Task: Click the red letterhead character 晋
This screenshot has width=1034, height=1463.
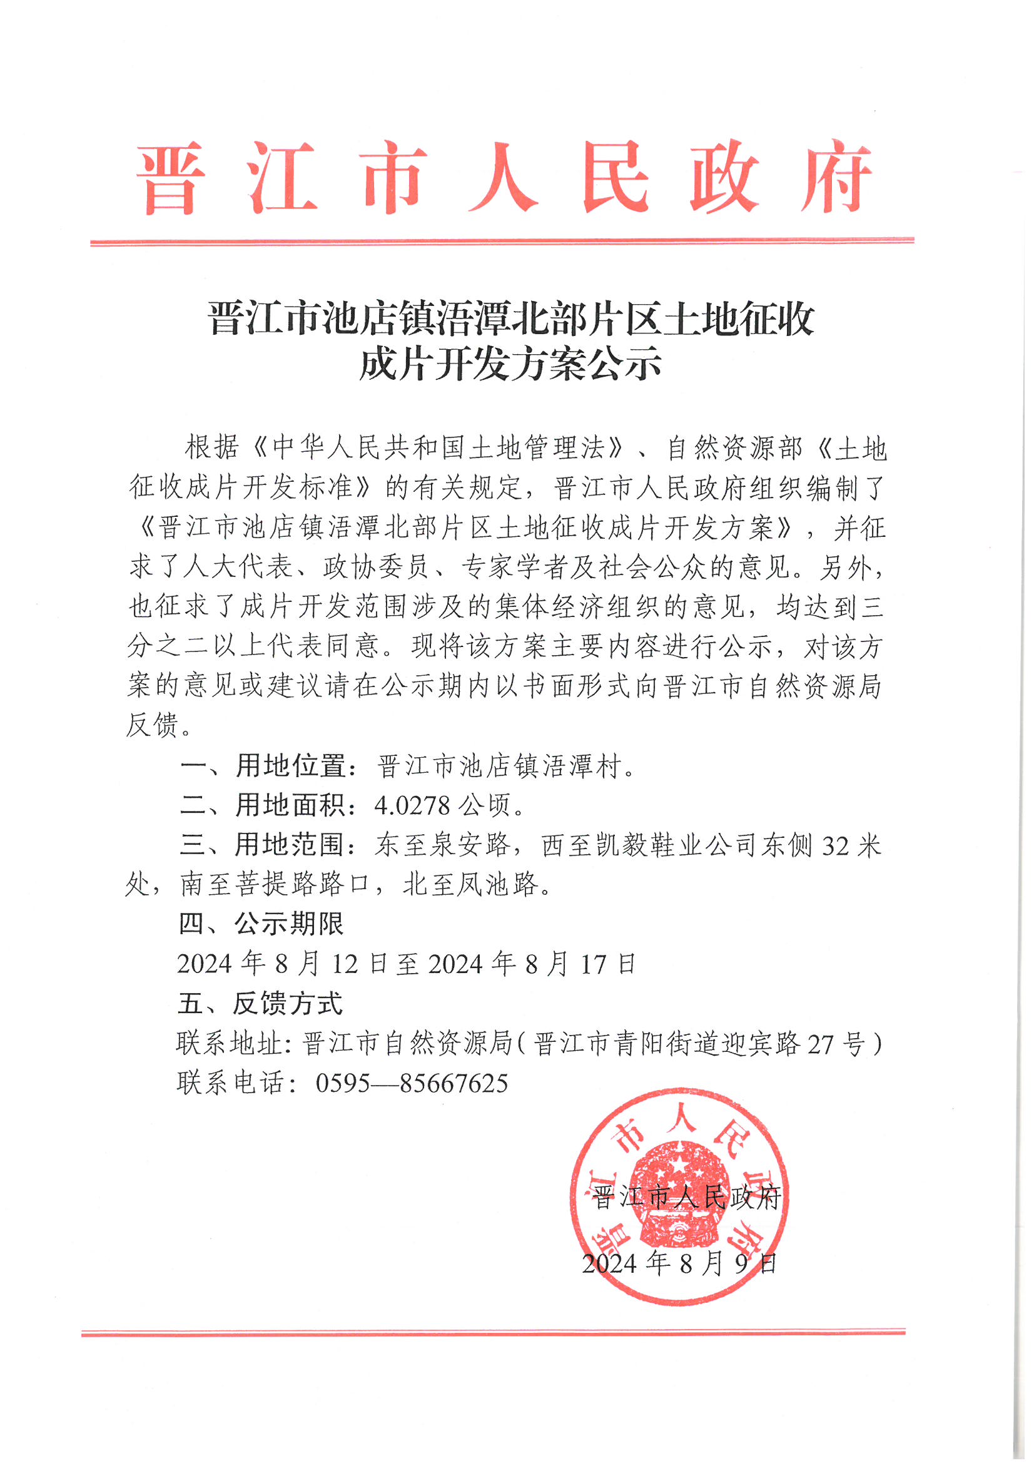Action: tap(171, 179)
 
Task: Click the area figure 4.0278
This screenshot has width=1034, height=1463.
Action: tap(412, 806)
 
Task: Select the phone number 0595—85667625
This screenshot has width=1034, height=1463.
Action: tap(412, 1083)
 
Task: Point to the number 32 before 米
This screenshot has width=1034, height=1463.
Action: tap(835, 846)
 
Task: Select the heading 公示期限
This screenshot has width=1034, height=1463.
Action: tap(289, 924)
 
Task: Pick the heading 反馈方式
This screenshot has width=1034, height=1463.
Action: tap(288, 1004)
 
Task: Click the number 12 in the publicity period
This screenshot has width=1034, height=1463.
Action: tap(345, 964)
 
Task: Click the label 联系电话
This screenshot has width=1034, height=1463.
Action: tap(231, 1083)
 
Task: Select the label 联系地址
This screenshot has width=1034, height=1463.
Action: tap(231, 1044)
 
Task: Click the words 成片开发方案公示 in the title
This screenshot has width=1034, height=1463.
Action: tap(510, 365)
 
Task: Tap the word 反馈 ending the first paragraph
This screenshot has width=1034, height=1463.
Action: tap(152, 725)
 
